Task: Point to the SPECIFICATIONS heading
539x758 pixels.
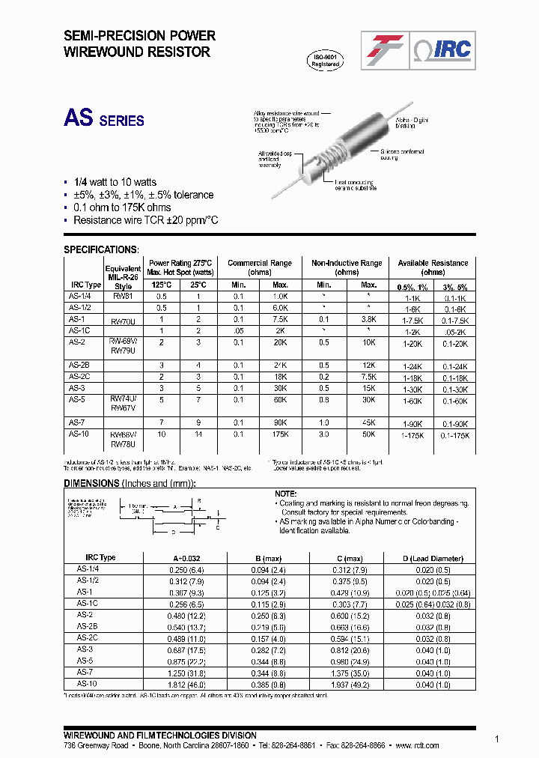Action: [x=100, y=249]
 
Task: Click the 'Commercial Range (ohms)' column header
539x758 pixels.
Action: [x=259, y=267]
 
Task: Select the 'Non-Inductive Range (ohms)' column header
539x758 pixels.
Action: [x=347, y=267]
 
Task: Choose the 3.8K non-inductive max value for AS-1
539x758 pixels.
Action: [x=368, y=319]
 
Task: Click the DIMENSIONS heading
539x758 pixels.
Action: [x=91, y=483]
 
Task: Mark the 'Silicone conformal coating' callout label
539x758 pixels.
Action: [x=402, y=154]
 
